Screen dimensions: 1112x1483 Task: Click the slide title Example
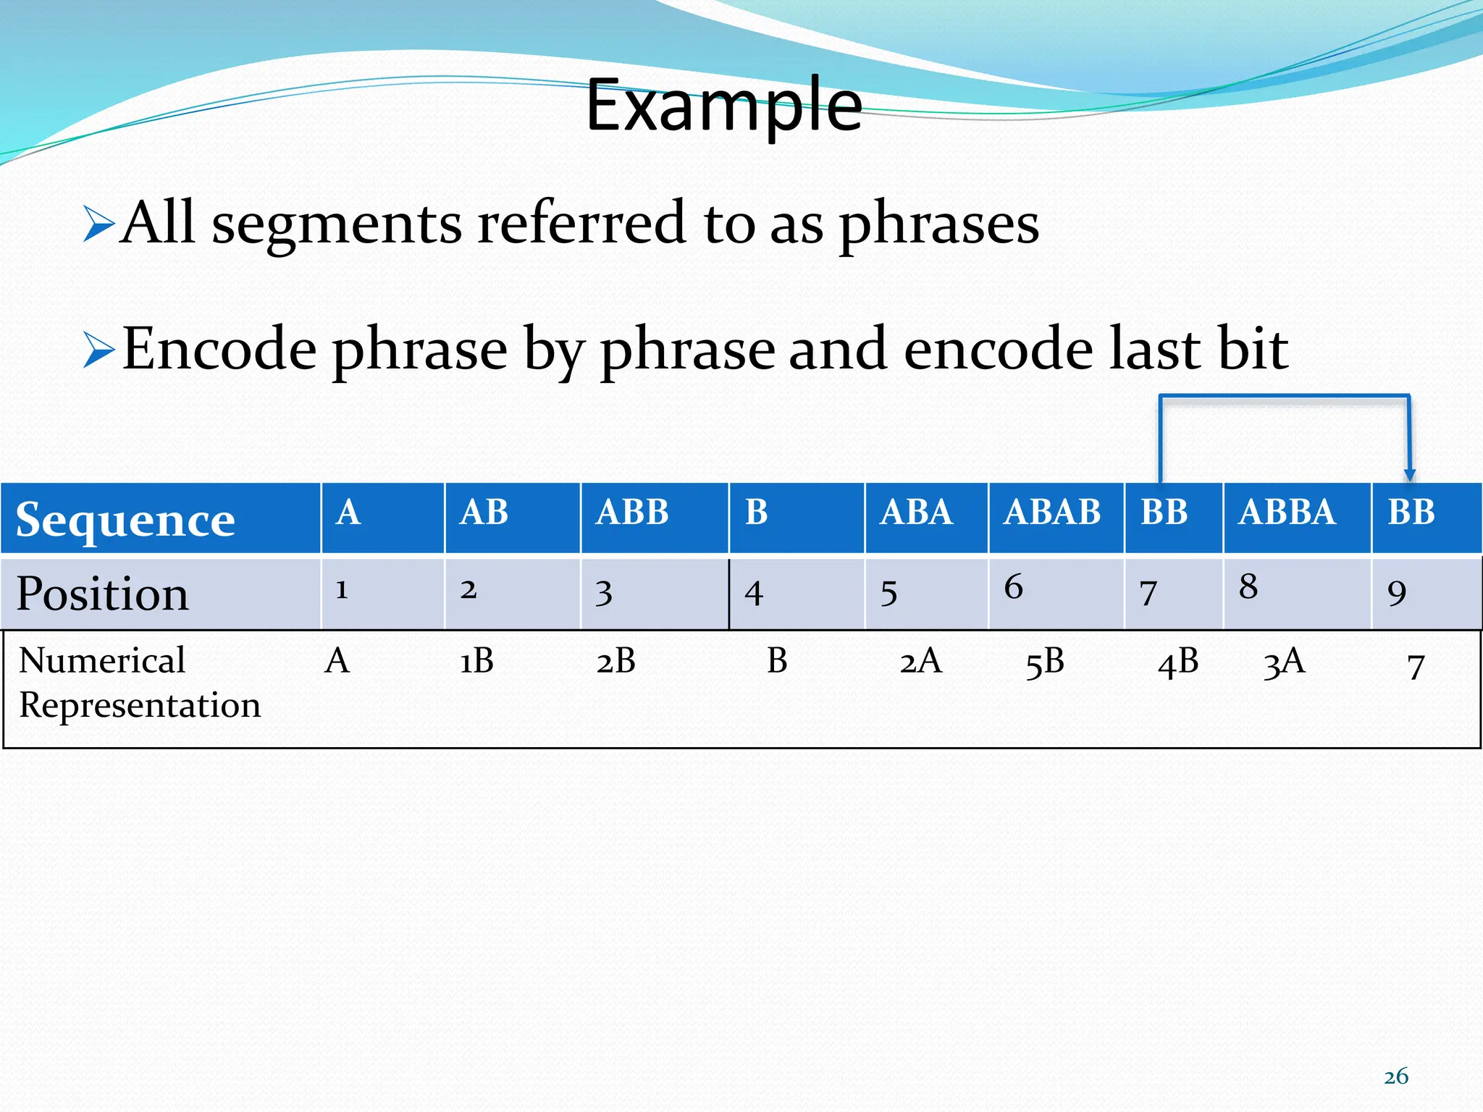click(723, 107)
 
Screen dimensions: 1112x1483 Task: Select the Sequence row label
click(125, 520)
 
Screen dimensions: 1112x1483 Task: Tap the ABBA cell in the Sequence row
click(1287, 513)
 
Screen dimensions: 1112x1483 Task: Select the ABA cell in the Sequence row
click(916, 513)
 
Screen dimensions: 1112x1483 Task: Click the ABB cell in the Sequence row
click(632, 513)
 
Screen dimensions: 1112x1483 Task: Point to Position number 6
click(1013, 586)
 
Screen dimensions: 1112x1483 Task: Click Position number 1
click(342, 589)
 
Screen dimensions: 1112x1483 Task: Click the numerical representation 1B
click(476, 661)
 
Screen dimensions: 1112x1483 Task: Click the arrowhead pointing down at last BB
click(1409, 475)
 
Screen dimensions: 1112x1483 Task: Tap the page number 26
click(1396, 1077)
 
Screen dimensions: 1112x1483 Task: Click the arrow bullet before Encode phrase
click(98, 350)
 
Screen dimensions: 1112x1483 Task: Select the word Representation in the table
click(140, 705)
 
